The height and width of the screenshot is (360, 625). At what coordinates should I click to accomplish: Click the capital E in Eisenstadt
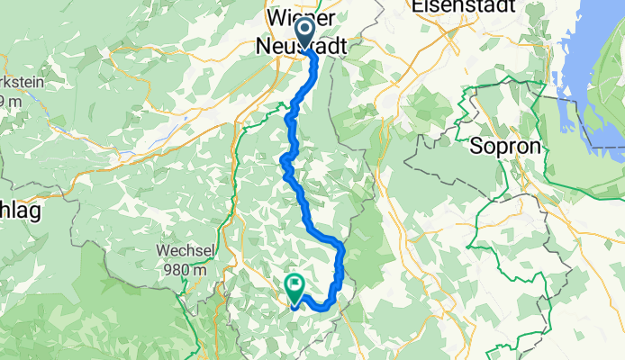tap(416, 6)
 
